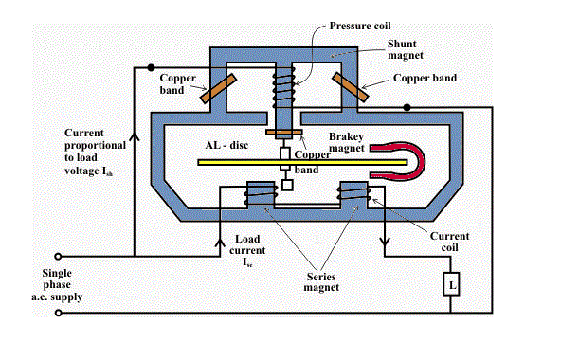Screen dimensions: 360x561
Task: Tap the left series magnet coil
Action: tap(255, 195)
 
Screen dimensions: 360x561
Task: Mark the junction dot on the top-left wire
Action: tap(149, 68)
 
